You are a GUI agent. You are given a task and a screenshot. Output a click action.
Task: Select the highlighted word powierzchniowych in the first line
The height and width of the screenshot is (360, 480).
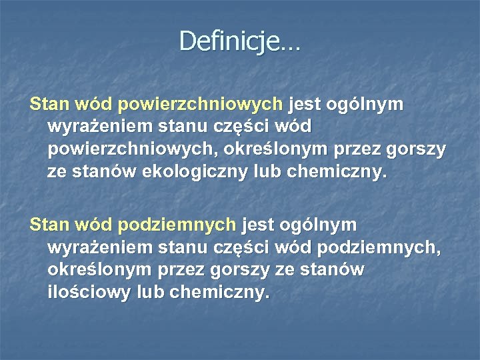pos(200,105)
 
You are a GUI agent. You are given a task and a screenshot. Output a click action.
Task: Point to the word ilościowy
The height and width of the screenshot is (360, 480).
pos(89,293)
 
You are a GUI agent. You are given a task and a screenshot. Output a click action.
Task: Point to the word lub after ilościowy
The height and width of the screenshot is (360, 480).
pos(150,293)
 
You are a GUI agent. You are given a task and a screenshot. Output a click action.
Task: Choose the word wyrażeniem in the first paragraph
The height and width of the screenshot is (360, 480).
pos(99,127)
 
